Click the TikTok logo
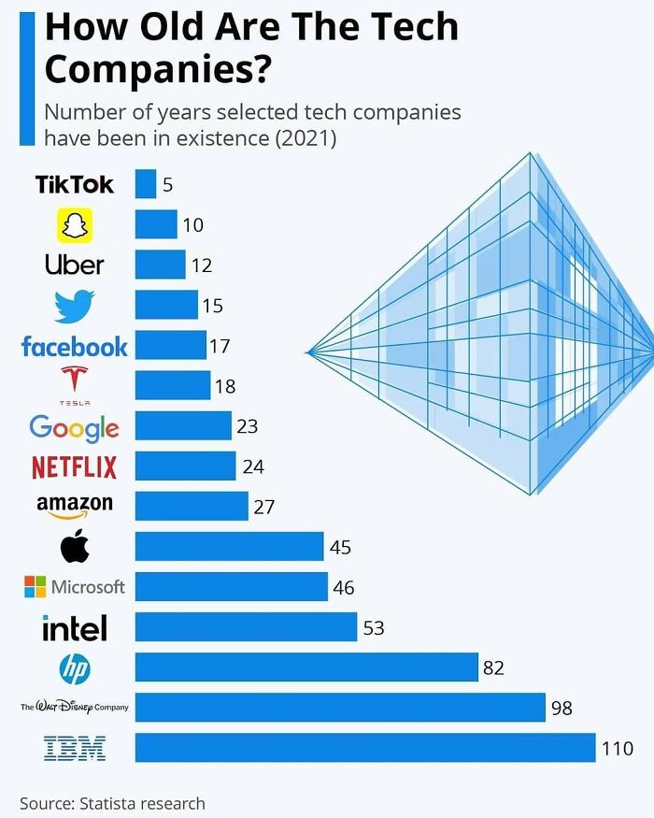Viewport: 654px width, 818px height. point(75,184)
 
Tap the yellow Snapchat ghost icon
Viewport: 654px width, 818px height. point(75,225)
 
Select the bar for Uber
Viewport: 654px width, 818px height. point(160,265)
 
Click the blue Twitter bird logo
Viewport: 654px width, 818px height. point(75,306)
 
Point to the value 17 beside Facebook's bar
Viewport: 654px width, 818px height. point(220,346)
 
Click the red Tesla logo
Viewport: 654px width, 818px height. point(75,381)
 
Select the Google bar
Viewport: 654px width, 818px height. point(183,426)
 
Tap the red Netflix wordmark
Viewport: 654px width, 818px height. point(75,466)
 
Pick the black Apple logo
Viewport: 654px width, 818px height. point(75,546)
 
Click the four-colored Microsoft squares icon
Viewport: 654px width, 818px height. point(35,587)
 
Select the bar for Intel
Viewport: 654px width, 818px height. point(246,627)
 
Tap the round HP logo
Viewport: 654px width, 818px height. point(75,667)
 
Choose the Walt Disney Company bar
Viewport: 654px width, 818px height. point(340,708)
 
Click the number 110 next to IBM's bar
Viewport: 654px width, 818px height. point(618,748)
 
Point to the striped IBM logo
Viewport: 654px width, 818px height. point(75,748)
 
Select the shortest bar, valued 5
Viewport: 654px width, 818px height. point(146,184)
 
